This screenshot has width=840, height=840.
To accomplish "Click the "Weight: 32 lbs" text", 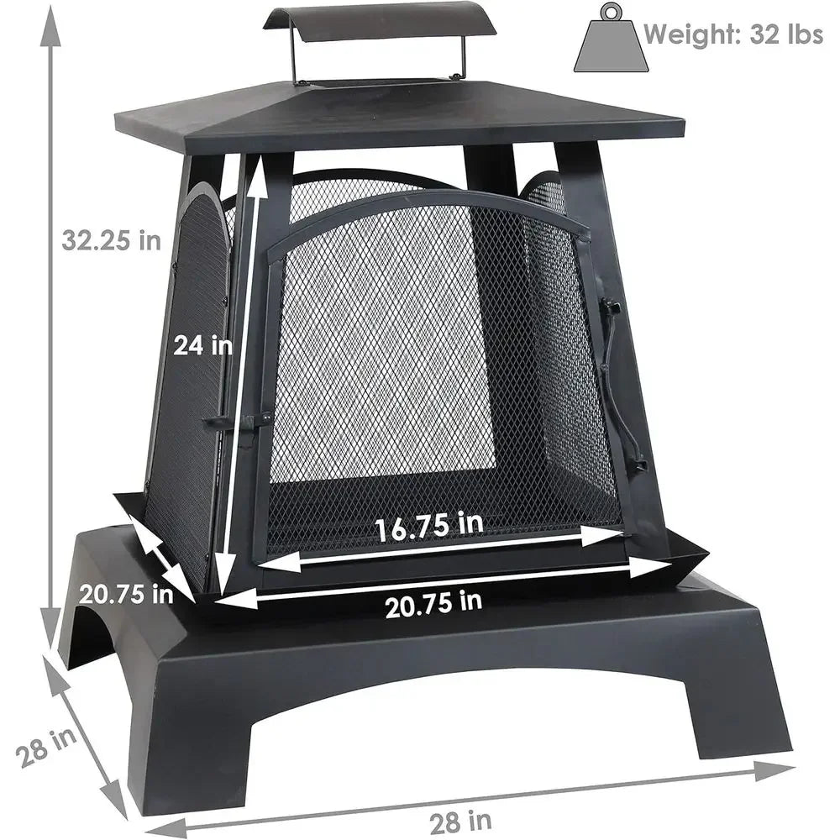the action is [x=732, y=34].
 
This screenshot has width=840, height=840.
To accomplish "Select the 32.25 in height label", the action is [x=111, y=239].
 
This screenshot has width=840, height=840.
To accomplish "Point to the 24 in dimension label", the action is [x=202, y=344].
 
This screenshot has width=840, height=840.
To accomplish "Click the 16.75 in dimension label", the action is [x=428, y=526].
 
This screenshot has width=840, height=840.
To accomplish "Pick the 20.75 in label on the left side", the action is [x=127, y=594].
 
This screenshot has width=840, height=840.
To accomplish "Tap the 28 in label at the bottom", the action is [x=460, y=822].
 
